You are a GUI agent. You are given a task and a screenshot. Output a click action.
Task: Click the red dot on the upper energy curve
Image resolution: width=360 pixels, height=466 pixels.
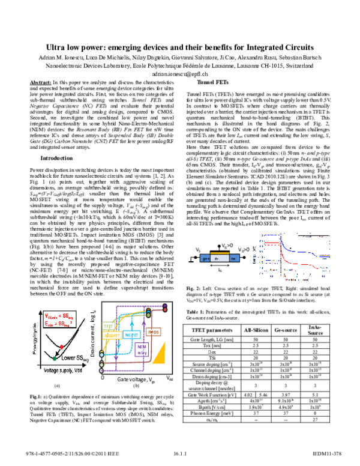pyautogui.click(x=61, y=347)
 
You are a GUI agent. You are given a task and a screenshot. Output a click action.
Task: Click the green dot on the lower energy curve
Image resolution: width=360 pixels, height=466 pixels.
pyautogui.click(x=55, y=359)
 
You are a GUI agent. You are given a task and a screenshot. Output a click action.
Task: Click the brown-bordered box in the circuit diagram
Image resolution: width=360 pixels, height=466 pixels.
pyautogui.click(x=153, y=331)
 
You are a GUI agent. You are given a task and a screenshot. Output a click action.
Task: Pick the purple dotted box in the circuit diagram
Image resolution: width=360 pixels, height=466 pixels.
pyautogui.click(x=142, y=349)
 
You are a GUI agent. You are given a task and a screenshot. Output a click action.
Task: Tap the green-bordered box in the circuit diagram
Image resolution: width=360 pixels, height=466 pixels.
pyautogui.click(x=108, y=325)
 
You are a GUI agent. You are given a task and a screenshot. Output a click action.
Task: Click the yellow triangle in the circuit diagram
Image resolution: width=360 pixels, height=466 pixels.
pyautogui.click(x=160, y=356)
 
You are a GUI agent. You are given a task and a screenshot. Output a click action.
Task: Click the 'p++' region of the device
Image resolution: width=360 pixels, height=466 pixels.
pyautogui.click(x=205, y=258)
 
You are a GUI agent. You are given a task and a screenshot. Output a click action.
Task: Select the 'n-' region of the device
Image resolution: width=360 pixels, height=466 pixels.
pyautogui.click(x=220, y=258)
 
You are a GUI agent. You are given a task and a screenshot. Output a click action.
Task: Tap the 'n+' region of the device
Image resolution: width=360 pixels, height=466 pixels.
pyautogui.click(x=234, y=258)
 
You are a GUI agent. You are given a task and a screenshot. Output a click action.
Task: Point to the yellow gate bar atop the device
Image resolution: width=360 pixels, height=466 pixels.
pyautogui.click(x=220, y=253)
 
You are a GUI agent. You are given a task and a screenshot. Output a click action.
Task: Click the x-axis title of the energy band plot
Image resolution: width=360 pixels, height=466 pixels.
pyautogui.click(x=296, y=280)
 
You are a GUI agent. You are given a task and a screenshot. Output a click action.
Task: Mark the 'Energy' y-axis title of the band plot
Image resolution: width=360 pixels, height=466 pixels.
pyautogui.click(x=254, y=256)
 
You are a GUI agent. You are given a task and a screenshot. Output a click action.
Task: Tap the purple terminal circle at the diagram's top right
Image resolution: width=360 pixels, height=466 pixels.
pyautogui.click(x=165, y=306)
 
